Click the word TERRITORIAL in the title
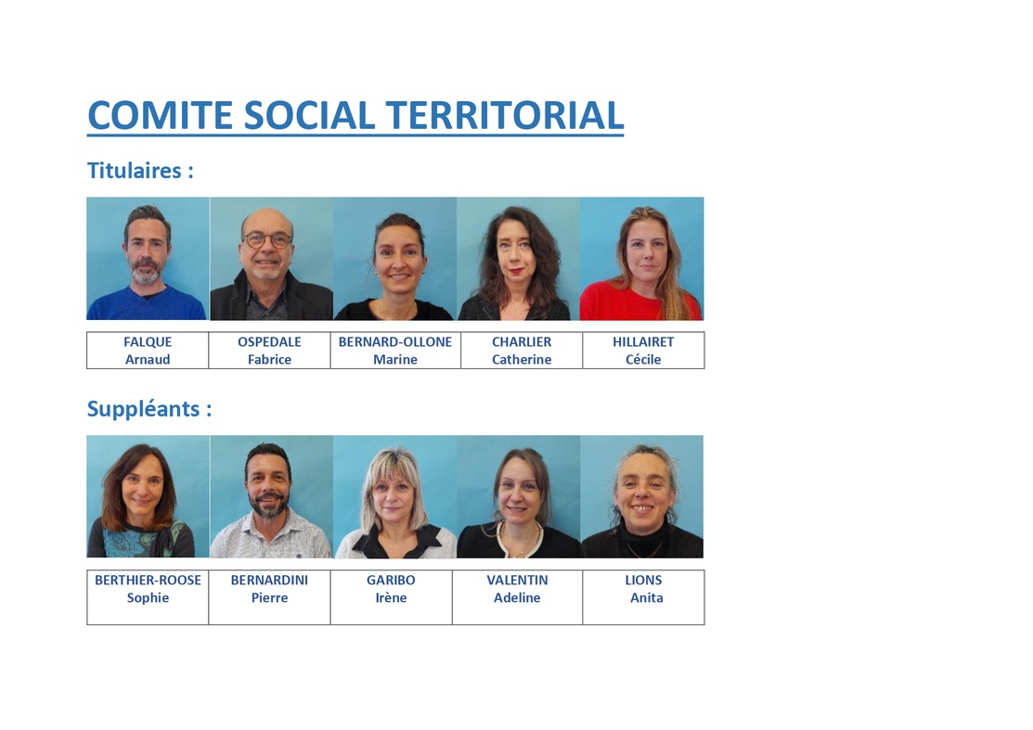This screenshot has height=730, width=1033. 505,115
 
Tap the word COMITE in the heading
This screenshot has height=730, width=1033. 160,115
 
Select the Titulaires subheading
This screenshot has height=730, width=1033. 140,171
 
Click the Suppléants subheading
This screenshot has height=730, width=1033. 149,409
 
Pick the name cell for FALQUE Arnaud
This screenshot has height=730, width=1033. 148,351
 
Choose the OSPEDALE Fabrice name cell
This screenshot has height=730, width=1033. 269,351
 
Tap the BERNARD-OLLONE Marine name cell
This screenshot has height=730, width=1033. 395,351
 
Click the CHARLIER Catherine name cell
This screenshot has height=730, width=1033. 522,351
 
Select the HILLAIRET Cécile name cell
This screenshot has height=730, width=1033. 643,351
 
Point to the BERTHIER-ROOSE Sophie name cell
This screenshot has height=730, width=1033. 148,597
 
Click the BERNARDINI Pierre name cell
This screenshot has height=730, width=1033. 269,597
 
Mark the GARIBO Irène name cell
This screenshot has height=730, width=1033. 392,597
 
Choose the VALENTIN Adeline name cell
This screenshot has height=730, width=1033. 517,597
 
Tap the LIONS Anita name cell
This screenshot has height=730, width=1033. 643,597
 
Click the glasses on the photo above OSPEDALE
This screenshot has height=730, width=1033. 266,239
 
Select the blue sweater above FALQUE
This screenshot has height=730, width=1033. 147,303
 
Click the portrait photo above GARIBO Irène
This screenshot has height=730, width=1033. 395,497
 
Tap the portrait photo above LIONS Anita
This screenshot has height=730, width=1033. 642,497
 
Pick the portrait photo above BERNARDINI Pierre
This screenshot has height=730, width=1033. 271,497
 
